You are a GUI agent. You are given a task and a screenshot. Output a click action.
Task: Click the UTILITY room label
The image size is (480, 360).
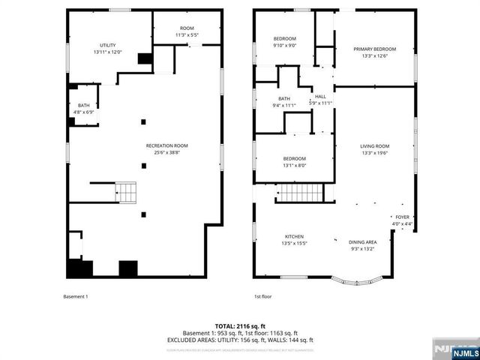point(108,46)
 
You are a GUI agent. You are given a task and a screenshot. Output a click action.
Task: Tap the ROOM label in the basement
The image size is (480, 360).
point(187,28)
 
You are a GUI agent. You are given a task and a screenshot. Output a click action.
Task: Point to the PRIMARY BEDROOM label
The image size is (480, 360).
point(374,49)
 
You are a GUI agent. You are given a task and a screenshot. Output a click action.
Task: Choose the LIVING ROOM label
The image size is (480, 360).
point(374,146)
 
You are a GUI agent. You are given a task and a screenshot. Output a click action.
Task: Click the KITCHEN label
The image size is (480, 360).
point(293,237)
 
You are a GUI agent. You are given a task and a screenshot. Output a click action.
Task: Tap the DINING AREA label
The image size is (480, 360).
point(362,242)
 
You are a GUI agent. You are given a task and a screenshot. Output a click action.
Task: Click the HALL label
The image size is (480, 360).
point(320,97)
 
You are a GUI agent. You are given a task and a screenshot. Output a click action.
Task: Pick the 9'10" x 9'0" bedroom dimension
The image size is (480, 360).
point(284,45)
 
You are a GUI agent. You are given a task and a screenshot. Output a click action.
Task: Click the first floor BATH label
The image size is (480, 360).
point(284,98)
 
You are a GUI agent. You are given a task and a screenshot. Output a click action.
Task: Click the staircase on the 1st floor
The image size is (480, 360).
point(301,193)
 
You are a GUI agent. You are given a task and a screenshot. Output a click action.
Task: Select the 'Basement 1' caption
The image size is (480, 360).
point(75,297)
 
